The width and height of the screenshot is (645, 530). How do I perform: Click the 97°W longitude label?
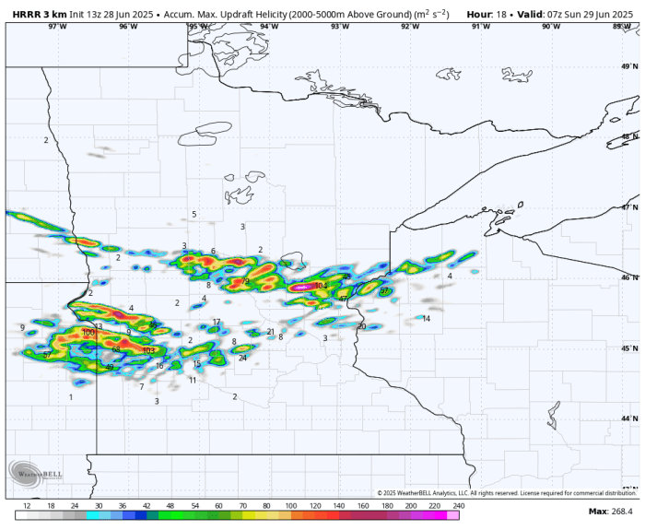coord(58,27)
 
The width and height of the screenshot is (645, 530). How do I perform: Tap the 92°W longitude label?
coord(410,27)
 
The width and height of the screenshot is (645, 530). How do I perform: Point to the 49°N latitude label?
coord(629,66)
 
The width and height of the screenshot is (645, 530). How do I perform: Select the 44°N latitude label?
coord(629,418)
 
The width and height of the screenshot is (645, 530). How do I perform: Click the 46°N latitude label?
coord(629,277)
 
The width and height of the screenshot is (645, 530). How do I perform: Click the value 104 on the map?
coord(321,286)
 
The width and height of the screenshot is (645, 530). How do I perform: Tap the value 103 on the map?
coord(149,350)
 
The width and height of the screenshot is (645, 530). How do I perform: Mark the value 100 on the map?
coord(88,333)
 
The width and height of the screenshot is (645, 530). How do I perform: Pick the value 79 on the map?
coord(245,282)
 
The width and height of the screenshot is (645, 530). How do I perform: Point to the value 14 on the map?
coord(426,319)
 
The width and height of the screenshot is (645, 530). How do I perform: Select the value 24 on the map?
coord(242,358)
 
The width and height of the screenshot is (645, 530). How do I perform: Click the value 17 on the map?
coord(217,323)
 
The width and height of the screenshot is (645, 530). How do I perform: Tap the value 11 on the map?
coord(193,380)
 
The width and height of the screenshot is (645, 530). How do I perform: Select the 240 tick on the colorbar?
coord(458,506)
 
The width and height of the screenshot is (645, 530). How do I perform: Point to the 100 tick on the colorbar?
coord(290,506)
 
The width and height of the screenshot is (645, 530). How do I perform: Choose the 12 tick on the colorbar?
coord(27,506)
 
